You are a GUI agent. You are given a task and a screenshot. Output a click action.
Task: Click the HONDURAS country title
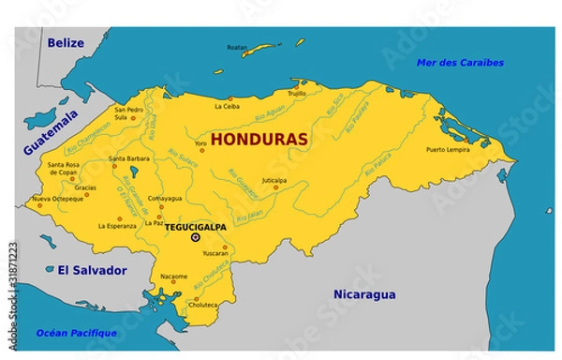click(x=259, y=139)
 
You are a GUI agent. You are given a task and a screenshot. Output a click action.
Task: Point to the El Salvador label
click(x=91, y=270)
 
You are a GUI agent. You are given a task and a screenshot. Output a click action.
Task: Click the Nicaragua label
click(x=363, y=294)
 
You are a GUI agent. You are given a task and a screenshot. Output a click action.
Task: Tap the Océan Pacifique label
click(x=76, y=333)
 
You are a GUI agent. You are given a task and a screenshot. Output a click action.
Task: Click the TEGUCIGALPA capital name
click(x=198, y=227)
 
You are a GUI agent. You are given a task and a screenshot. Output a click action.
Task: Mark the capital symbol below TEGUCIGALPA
click(x=195, y=238)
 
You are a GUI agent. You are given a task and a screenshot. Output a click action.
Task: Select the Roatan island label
click(x=237, y=47)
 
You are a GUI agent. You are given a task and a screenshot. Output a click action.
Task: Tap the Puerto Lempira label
click(x=447, y=150)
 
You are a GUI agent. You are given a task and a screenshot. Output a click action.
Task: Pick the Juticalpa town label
click(x=274, y=180)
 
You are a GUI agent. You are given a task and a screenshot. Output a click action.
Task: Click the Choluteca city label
click(x=203, y=304)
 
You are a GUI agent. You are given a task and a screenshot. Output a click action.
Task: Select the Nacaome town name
click(x=173, y=277)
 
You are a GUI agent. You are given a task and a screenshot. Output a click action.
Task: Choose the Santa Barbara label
click(x=129, y=158)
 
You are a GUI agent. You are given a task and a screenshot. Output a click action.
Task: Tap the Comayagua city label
click(x=165, y=198)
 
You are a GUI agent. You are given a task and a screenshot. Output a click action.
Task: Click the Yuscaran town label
click(x=214, y=252)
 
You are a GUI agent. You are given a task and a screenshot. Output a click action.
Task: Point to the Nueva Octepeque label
click(x=57, y=200)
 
